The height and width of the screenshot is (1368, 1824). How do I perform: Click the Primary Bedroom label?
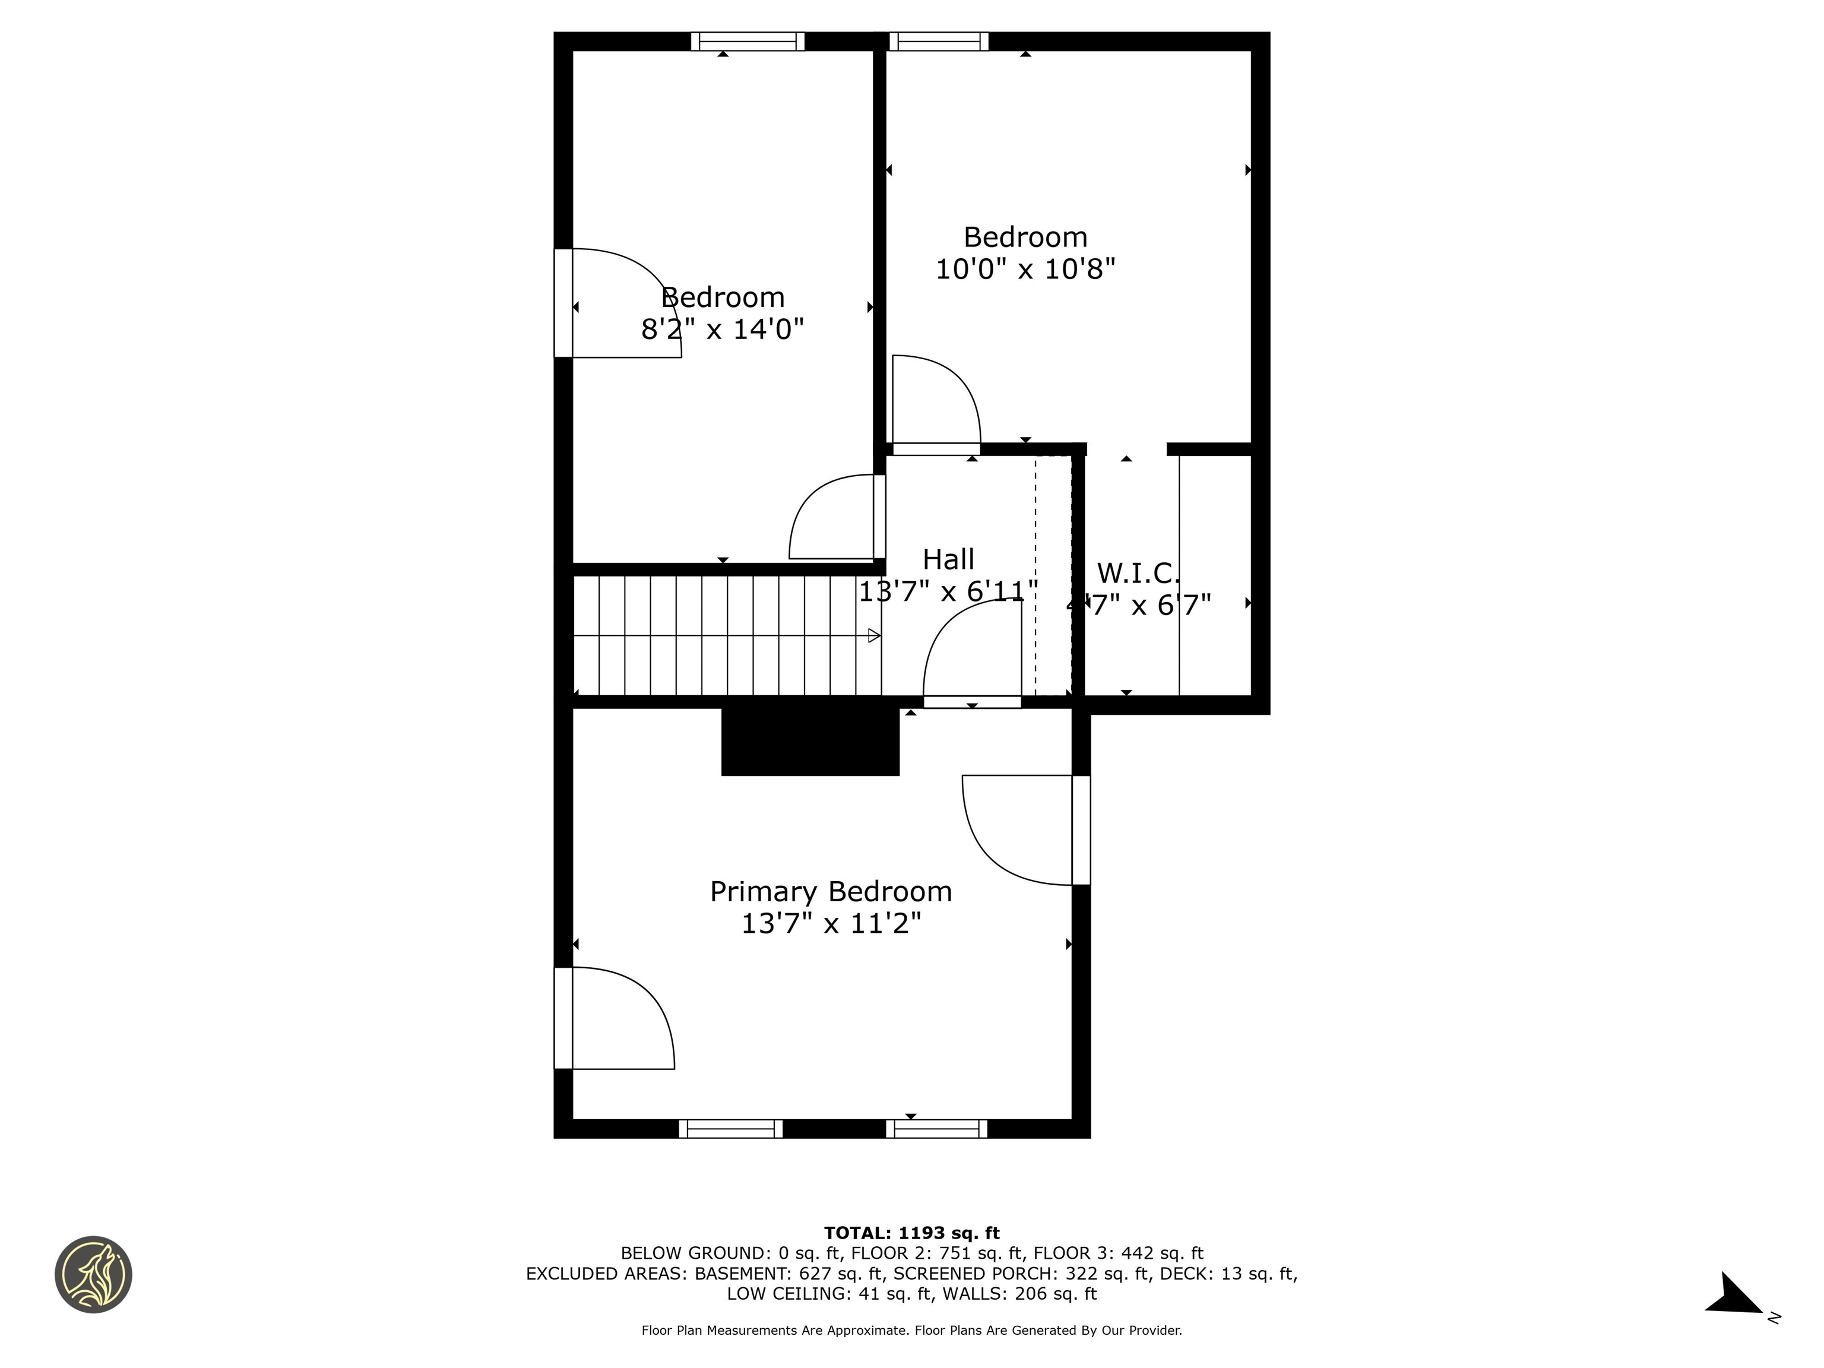click(831, 891)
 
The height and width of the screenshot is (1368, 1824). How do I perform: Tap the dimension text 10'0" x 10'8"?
click(1025, 269)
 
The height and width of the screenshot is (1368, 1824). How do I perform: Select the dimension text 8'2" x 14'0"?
click(723, 329)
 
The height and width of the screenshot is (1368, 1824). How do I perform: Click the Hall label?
click(948, 559)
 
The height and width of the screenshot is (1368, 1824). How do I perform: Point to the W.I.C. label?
click(1138, 572)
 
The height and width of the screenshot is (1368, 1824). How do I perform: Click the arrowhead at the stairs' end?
click(874, 636)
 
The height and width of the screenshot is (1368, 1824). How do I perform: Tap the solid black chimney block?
click(810, 740)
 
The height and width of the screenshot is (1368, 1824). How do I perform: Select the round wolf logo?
click(93, 1274)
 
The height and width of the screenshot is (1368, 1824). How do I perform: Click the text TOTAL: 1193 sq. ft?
click(911, 1233)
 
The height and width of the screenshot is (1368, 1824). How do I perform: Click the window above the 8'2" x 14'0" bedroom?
click(747, 41)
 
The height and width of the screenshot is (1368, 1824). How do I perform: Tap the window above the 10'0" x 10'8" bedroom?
click(938, 41)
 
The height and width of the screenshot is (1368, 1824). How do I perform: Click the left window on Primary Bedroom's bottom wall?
click(730, 1129)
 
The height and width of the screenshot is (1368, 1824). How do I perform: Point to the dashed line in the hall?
click(1035, 577)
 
